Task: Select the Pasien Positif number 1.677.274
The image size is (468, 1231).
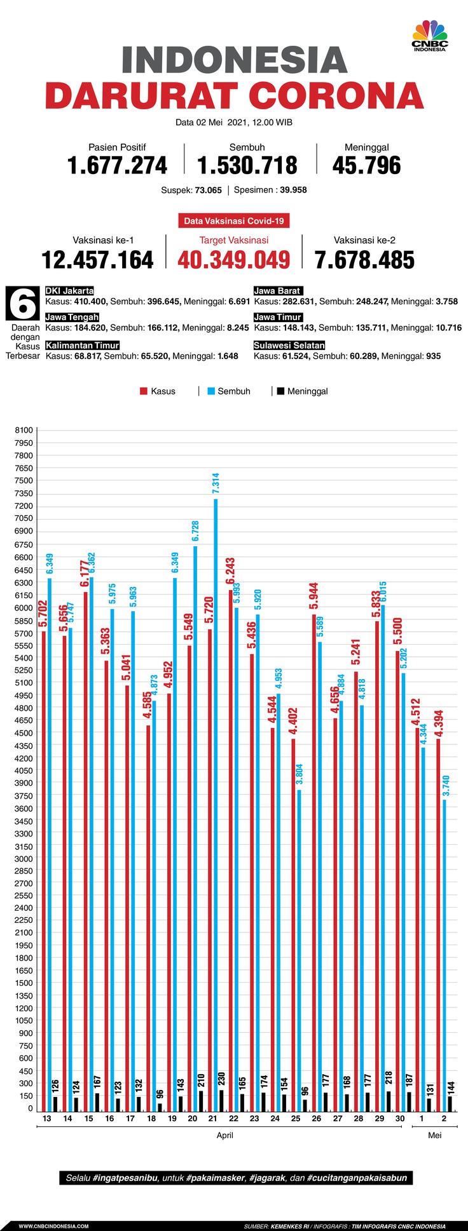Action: coord(117,166)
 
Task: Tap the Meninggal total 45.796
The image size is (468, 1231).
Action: coord(366,166)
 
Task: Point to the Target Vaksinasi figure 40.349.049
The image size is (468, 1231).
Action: coord(233,260)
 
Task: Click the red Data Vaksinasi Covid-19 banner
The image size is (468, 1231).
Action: coord(233,221)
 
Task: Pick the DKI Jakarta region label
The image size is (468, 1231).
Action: coord(70,291)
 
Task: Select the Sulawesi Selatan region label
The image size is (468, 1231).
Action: coord(289,346)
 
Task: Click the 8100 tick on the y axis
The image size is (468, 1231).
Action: coord(24,431)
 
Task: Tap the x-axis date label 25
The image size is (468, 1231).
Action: coord(296,1119)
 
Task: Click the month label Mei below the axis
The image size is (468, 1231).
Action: coord(434,1135)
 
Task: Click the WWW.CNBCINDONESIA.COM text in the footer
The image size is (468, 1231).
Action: coord(53,1226)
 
